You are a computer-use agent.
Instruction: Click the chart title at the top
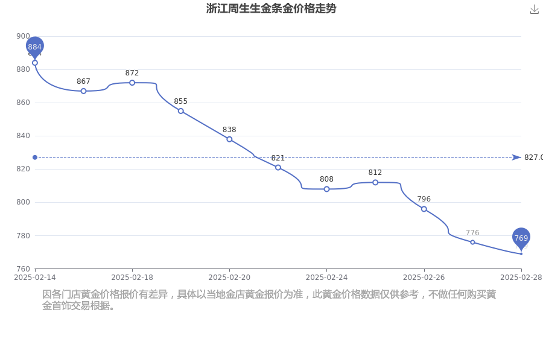click(x=271, y=8)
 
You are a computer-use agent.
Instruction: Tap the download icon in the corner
click(x=534, y=9)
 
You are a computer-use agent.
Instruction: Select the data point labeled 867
click(x=83, y=91)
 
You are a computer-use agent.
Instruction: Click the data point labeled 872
click(x=132, y=83)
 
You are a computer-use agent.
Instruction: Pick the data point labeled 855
click(x=180, y=111)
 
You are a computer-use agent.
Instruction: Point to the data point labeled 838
click(x=229, y=139)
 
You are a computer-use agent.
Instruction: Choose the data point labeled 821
click(x=278, y=168)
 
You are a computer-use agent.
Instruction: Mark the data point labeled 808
click(x=326, y=189)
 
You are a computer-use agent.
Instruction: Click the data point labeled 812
click(x=375, y=182)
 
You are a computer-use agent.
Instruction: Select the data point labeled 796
click(x=424, y=209)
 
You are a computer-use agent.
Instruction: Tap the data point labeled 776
click(x=472, y=242)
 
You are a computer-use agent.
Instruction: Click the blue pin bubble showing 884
click(x=35, y=46)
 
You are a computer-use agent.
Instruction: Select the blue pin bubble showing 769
click(x=521, y=238)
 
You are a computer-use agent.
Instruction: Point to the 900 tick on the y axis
click(x=22, y=36)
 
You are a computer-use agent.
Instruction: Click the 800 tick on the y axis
click(x=22, y=202)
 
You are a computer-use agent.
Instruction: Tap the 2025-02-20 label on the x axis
click(x=229, y=277)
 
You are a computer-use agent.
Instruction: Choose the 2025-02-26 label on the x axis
click(x=424, y=277)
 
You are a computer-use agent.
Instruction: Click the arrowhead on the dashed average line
click(x=516, y=157)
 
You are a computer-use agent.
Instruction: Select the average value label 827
click(x=533, y=157)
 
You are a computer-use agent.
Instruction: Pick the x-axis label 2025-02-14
click(x=35, y=277)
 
